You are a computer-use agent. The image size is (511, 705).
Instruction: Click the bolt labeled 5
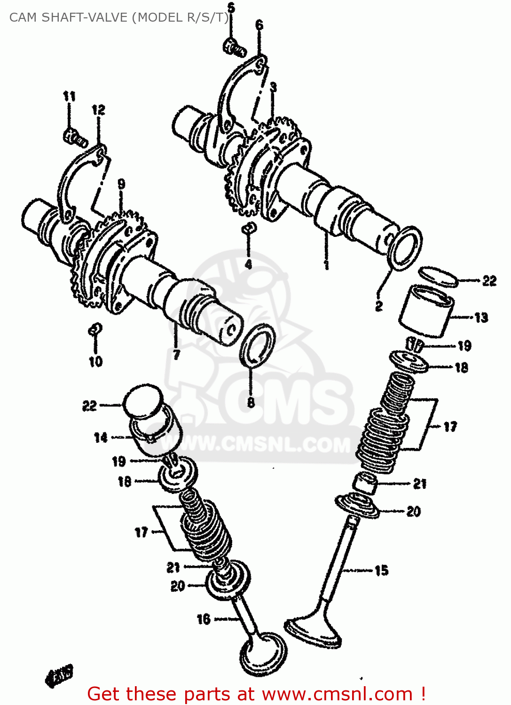(234, 47)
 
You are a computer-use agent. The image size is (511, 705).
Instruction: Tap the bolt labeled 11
(75, 137)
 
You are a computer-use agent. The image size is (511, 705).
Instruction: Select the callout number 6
(259, 25)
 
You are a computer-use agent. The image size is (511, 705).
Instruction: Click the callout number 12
(98, 110)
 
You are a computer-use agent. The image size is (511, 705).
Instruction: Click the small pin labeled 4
(249, 228)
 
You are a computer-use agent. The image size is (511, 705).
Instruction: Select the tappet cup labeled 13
(426, 311)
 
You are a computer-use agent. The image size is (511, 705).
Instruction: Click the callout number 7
(176, 354)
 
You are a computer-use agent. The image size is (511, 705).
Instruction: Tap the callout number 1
(326, 265)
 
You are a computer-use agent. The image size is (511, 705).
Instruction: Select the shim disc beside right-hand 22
(438, 277)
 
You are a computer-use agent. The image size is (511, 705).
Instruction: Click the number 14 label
(101, 438)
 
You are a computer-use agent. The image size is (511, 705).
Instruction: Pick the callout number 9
(121, 184)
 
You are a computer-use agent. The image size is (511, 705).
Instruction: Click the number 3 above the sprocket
(273, 87)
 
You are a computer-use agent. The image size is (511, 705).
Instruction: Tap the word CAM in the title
(23, 17)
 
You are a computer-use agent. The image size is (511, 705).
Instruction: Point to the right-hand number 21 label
(420, 484)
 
